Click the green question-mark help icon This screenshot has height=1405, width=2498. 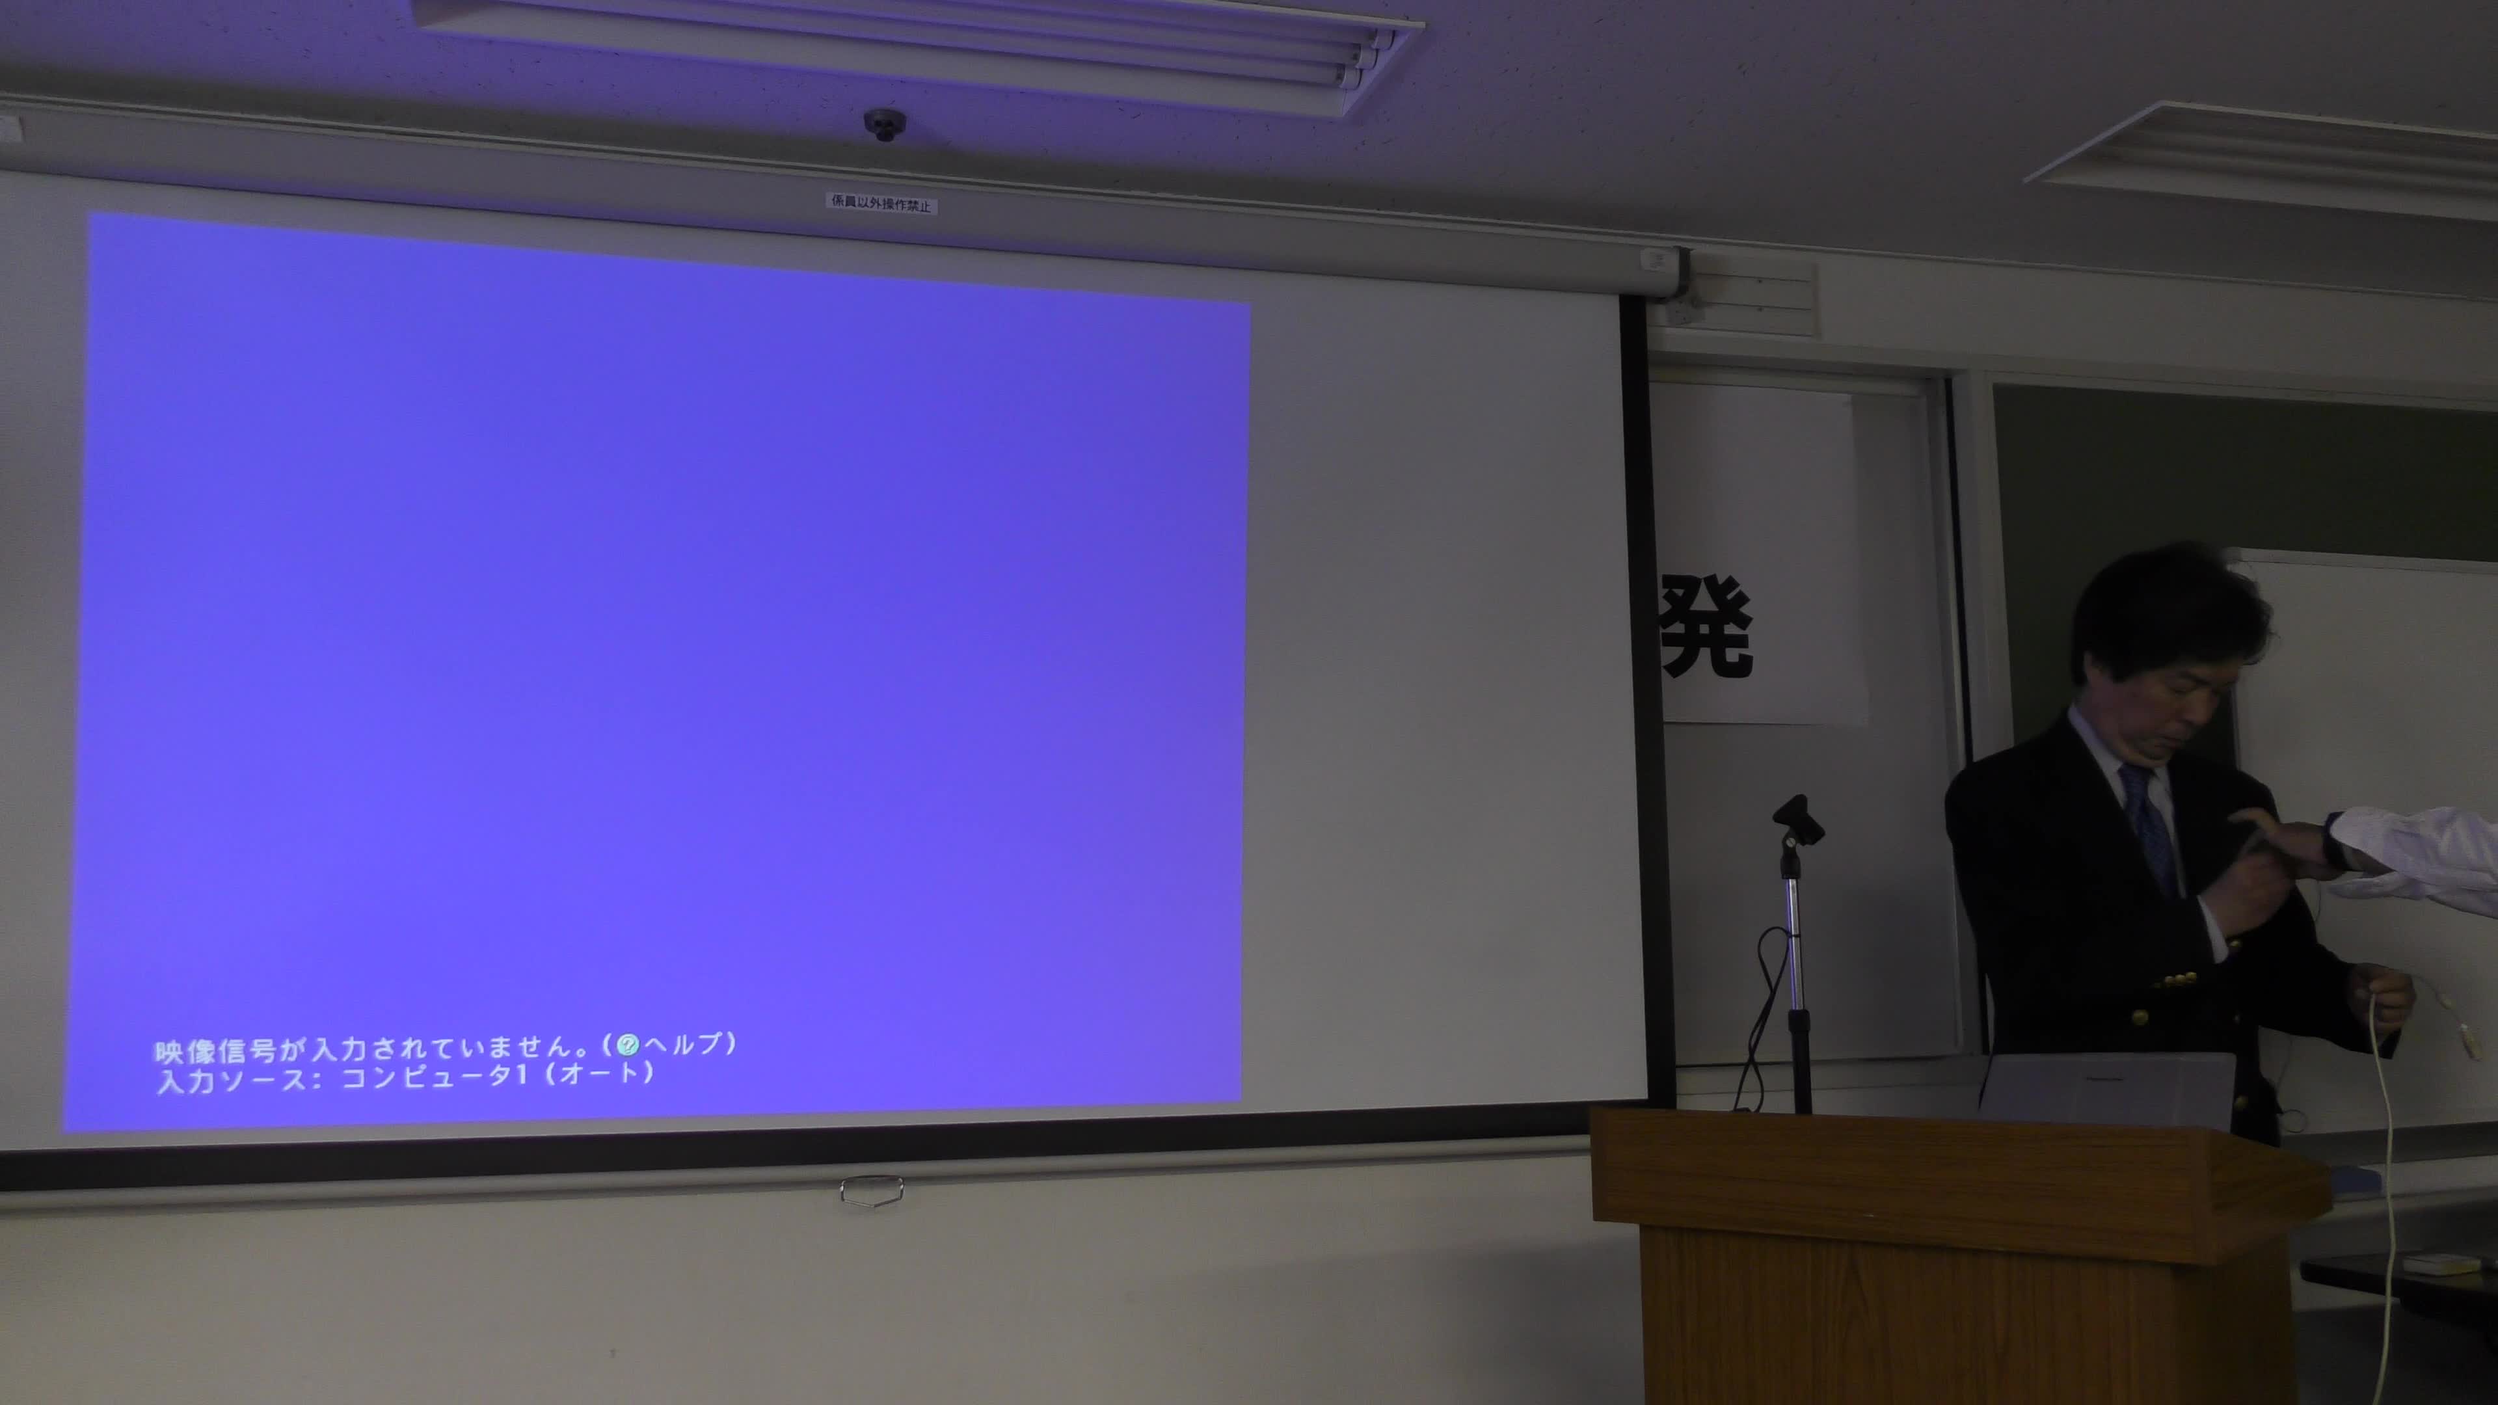[628, 1044]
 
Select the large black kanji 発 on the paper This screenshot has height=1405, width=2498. [1707, 624]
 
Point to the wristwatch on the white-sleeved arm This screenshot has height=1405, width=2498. [2332, 840]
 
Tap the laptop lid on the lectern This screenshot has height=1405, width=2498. [2107, 1088]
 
